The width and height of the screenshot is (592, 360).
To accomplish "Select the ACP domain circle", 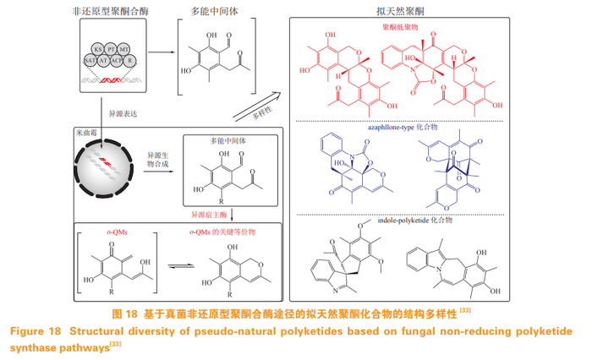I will (118, 60).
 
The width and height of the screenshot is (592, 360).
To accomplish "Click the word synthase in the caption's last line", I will (31, 346).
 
